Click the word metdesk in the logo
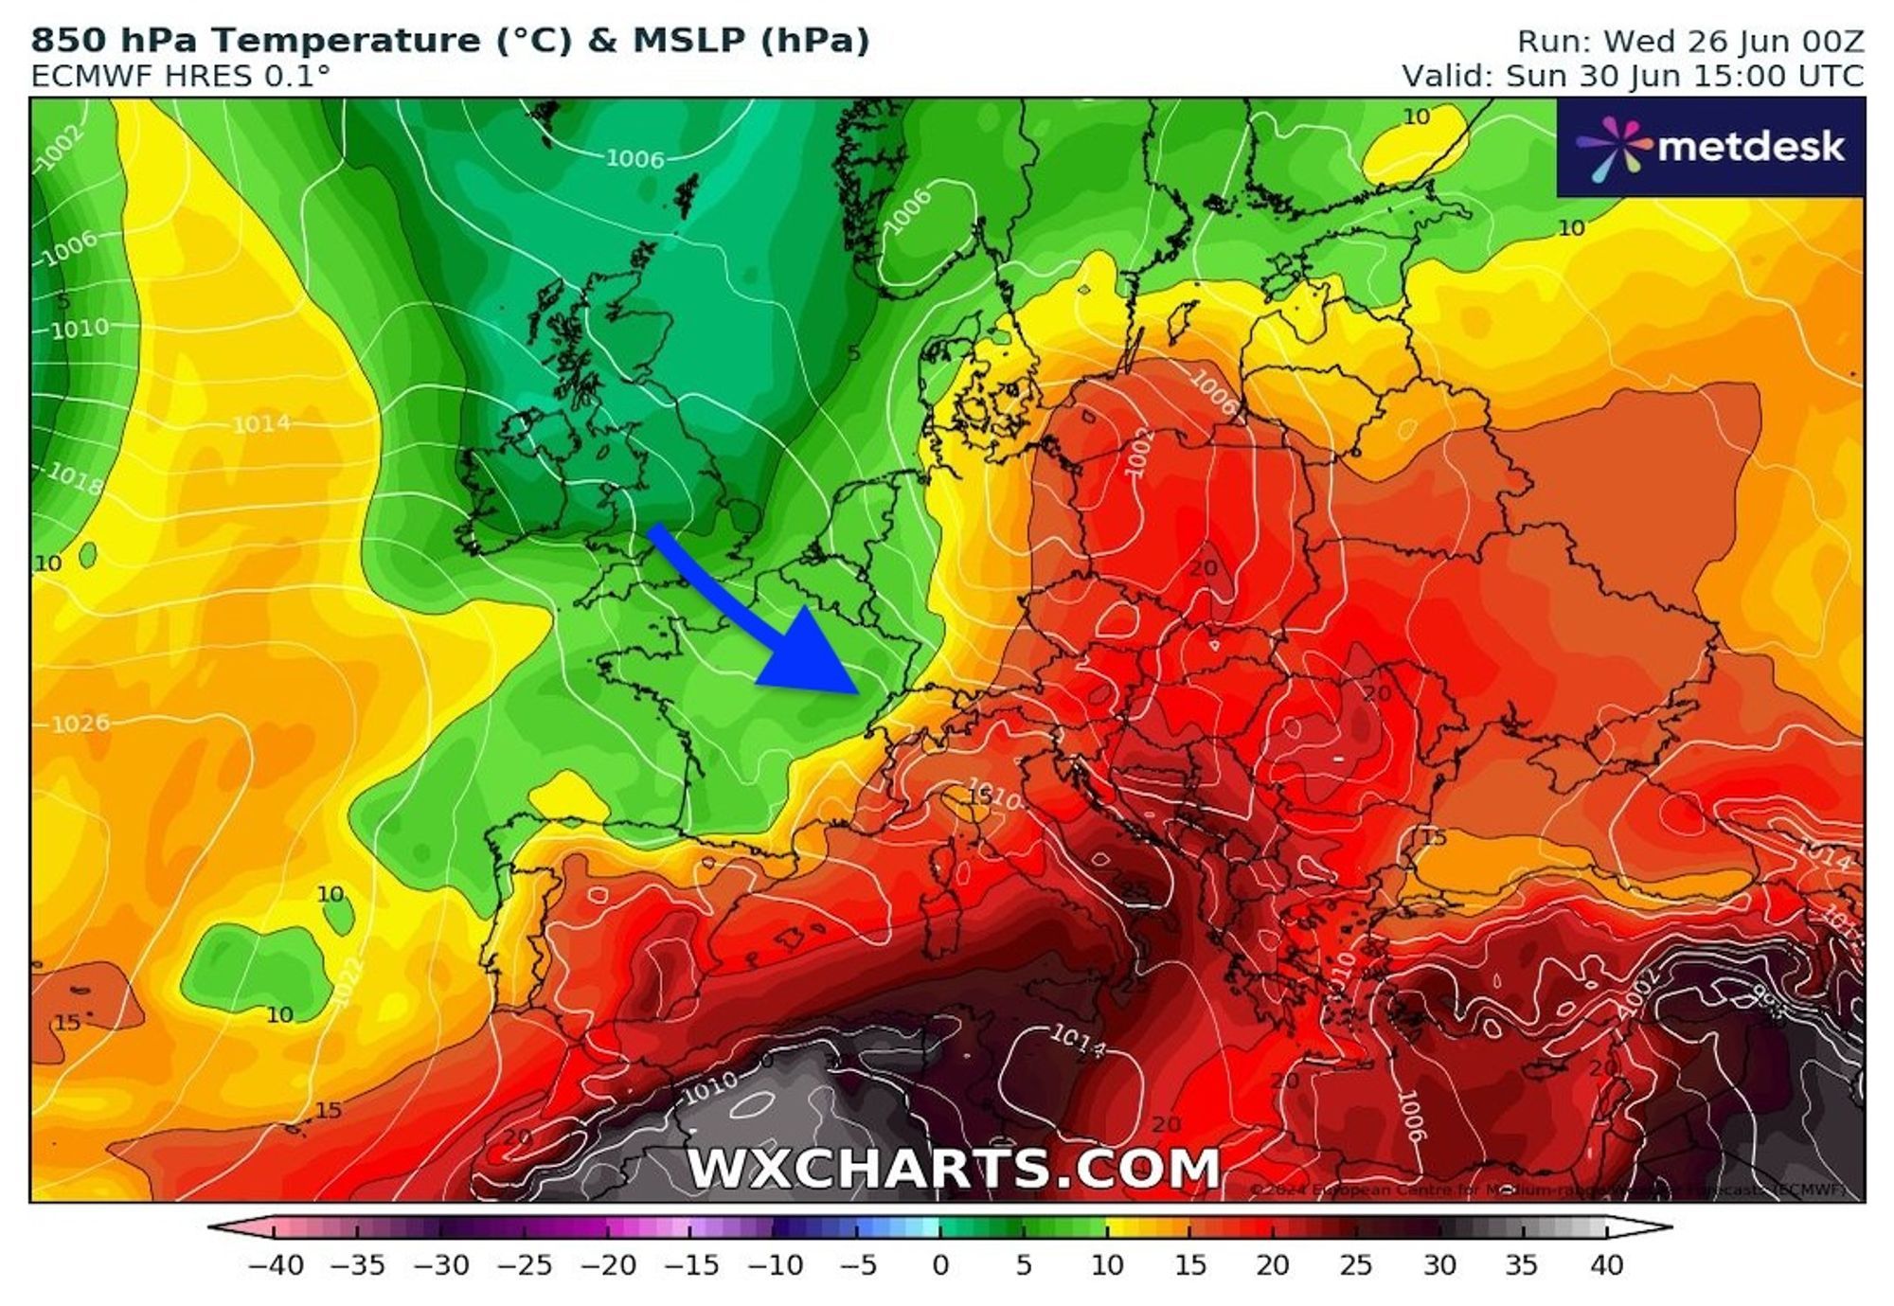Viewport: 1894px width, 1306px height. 1751,147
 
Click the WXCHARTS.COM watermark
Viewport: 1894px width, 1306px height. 953,1168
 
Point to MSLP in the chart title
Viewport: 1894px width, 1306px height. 689,41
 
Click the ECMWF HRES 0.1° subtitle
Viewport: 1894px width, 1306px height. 180,76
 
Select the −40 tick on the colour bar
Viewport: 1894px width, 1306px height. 275,1265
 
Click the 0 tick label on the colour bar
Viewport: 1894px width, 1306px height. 940,1265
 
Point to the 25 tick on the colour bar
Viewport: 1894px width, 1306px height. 1356,1265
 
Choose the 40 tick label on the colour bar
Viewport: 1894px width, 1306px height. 1606,1265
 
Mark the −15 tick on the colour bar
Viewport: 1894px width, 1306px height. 690,1265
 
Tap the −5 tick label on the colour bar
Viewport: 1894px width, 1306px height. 857,1265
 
